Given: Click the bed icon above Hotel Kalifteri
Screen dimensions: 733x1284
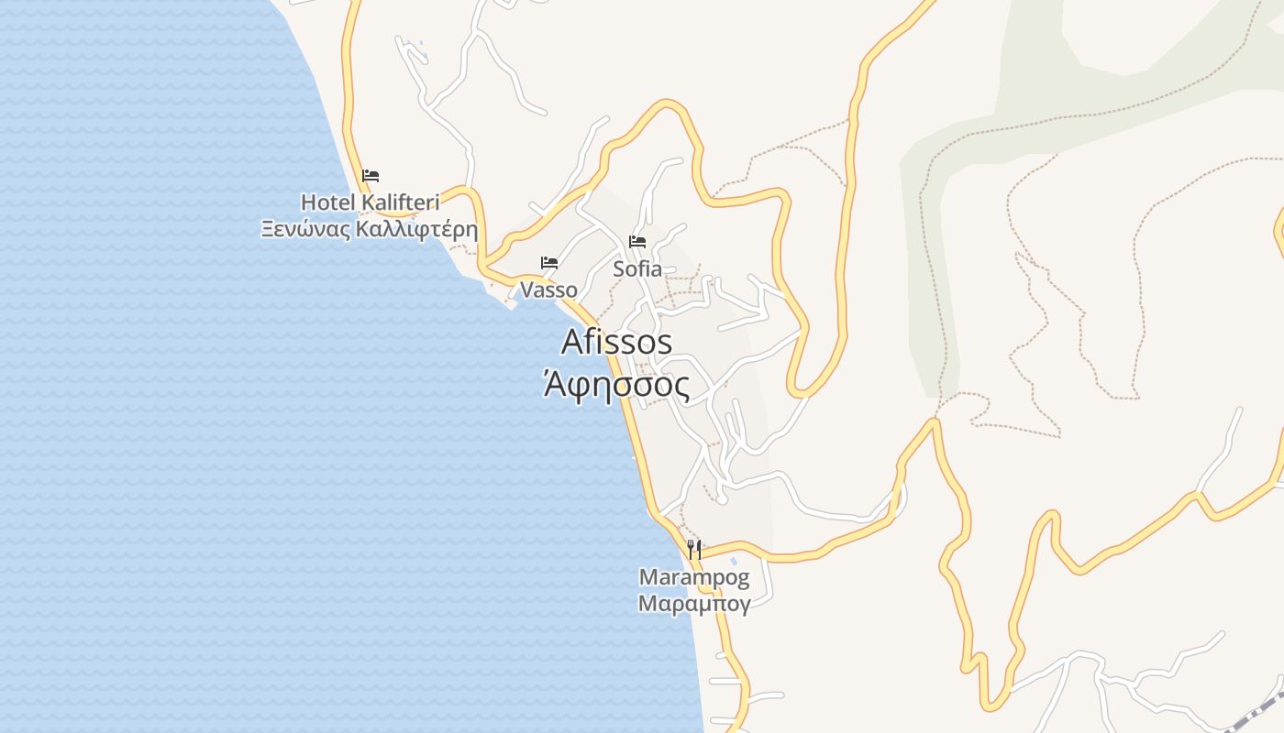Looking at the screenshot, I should [371, 176].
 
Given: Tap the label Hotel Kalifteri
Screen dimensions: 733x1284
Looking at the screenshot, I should [371, 202].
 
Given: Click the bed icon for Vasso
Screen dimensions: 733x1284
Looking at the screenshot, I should [549, 263].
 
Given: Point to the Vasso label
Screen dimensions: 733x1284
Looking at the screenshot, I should [548, 290].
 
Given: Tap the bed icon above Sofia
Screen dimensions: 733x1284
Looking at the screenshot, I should [637, 242].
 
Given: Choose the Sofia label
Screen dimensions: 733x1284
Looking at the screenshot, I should [637, 269].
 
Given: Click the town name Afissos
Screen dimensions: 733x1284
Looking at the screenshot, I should [616, 342].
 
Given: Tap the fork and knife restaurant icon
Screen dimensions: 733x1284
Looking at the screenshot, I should [694, 550].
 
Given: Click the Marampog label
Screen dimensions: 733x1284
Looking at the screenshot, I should [694, 578].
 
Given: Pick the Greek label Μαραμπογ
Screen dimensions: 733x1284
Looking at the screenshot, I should [694, 604].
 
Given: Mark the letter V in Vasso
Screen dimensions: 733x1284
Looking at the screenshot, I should [526, 290].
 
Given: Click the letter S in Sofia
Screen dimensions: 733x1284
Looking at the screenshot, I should [619, 269].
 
